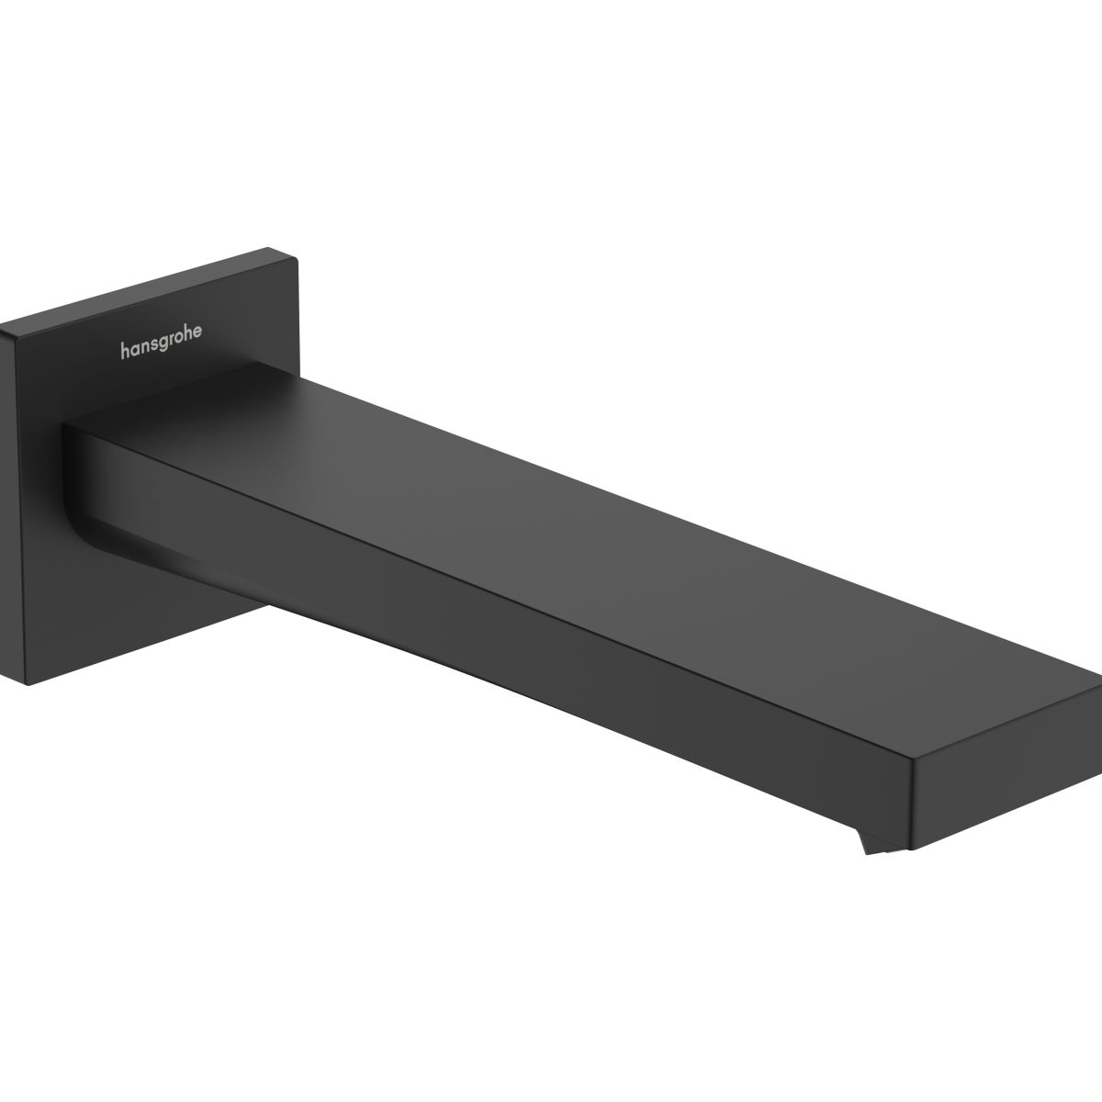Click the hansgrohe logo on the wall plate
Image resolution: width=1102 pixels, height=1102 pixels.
[161, 342]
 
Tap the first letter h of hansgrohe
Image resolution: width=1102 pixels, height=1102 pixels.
[124, 351]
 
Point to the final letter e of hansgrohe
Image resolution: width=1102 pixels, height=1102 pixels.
[197, 332]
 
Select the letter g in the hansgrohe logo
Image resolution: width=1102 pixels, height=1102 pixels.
[162, 344]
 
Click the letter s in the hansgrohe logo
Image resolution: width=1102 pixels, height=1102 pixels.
[152, 345]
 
